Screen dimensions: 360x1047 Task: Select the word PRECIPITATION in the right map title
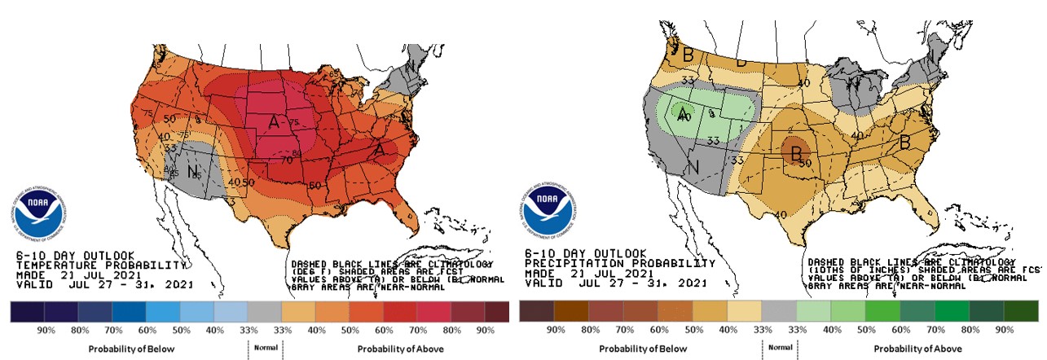571,265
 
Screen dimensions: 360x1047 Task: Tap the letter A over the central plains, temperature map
275,122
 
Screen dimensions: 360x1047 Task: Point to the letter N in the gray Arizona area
193,173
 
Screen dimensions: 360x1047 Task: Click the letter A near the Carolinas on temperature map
380,150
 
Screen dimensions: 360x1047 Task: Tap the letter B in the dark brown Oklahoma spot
793,152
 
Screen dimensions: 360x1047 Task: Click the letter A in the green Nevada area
683,113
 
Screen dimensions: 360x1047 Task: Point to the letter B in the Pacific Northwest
675,56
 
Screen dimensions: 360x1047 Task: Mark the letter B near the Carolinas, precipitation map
904,143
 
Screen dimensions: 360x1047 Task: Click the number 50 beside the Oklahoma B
806,164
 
